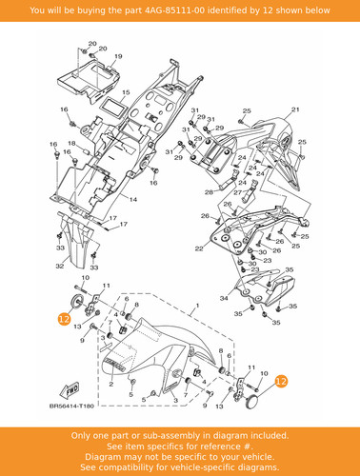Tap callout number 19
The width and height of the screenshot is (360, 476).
118,56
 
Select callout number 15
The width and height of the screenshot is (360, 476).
126,92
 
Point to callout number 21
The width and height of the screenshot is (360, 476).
295,109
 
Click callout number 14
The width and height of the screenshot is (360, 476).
133,199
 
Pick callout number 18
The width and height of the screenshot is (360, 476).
71,144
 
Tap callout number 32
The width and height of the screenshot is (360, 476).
60,267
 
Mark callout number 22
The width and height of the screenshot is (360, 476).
199,248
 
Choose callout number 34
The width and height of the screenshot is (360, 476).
224,298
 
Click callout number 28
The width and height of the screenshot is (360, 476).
209,192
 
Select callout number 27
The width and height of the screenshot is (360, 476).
238,192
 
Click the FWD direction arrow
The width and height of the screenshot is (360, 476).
70,390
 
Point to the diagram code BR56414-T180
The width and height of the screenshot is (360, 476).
71,406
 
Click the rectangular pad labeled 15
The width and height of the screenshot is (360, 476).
112,108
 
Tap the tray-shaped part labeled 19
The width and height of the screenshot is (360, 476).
89,81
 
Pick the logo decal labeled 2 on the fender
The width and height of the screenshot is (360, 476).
114,365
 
